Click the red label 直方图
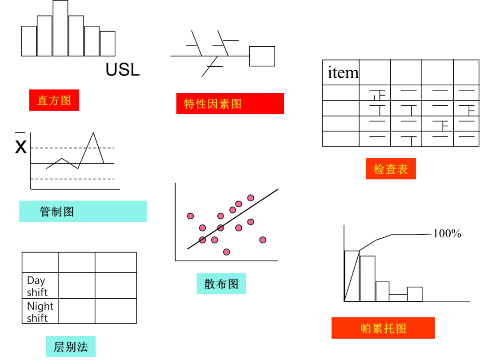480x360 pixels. pyautogui.click(x=54, y=100)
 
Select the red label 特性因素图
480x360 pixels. pyautogui.click(x=229, y=104)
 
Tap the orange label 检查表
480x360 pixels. pyautogui.click(x=389, y=169)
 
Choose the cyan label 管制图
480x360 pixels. pyautogui.click(x=83, y=212)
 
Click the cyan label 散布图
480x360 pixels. pyautogui.click(x=221, y=283)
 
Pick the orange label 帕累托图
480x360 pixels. pyautogui.click(x=383, y=329)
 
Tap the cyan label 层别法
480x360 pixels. pyautogui.click(x=70, y=347)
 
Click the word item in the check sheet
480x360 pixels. pyautogui.click(x=343, y=72)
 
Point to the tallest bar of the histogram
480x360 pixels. pyautogui.click(x=60, y=29)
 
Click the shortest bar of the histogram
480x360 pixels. pyautogui.click(x=108, y=44)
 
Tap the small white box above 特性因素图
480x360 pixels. pyautogui.click(x=262, y=56)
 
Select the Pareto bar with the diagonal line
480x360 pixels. pyautogui.click(x=352, y=276)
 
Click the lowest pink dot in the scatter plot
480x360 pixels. pyautogui.click(x=227, y=252)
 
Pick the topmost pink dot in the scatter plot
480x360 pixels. pyautogui.click(x=251, y=198)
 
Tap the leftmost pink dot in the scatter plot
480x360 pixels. pyautogui.click(x=190, y=216)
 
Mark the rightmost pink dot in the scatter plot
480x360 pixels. pyautogui.click(x=263, y=240)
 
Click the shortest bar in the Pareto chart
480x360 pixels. pyautogui.click(x=398, y=297)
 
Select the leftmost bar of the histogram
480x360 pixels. pyautogui.click(x=29, y=41)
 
